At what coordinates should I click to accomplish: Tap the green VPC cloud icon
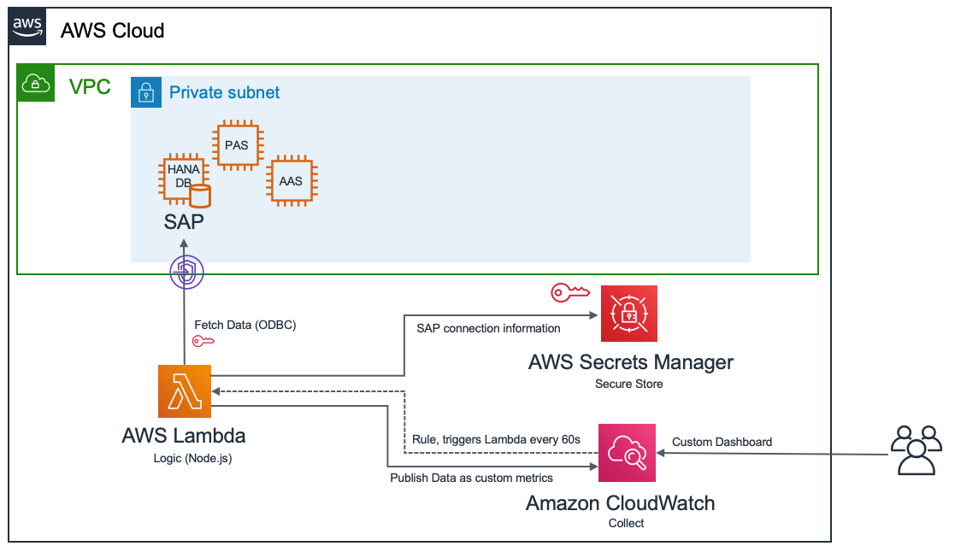34,82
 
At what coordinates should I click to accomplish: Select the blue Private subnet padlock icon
146,92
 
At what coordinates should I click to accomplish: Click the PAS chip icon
237,145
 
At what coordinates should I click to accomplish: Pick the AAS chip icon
291,180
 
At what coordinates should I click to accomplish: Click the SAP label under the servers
184,222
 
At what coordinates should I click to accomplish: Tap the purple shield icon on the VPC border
186,273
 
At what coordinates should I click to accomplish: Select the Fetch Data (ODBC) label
245,326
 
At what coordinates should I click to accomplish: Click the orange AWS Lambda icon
184,391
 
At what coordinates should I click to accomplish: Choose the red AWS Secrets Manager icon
629,314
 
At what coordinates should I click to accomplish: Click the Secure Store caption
629,385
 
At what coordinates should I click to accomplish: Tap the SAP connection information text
488,328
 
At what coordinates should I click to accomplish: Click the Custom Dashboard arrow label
722,442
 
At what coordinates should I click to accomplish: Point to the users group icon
916,450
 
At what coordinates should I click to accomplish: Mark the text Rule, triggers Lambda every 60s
496,439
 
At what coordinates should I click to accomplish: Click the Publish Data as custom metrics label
471,478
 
